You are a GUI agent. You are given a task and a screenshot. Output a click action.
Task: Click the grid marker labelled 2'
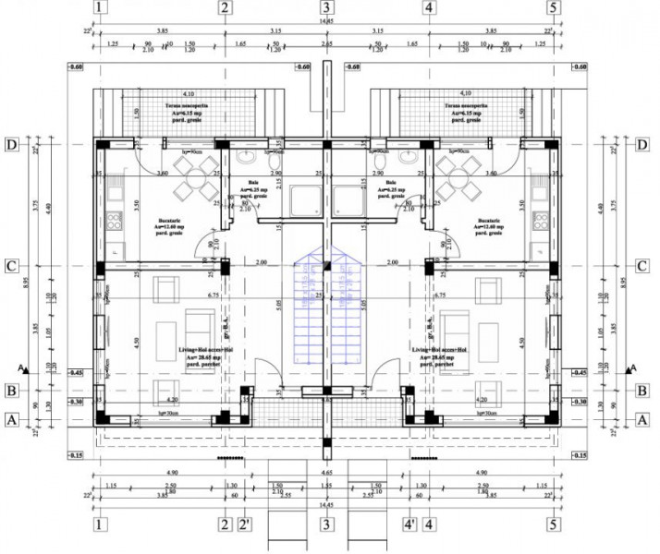click(x=246, y=524)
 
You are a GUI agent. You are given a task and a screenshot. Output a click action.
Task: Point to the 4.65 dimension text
click(x=326, y=472)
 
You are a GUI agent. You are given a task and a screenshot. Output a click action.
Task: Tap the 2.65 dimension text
click(x=326, y=43)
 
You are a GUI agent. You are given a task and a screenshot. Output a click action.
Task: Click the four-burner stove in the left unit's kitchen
click(x=115, y=221)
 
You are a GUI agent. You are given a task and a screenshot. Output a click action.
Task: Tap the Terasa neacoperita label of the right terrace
click(x=462, y=106)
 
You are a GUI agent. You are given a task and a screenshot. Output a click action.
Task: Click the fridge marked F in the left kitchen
click(x=114, y=250)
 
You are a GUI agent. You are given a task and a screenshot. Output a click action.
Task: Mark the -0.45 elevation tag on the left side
click(x=75, y=372)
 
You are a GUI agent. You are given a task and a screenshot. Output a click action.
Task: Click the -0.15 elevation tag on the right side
click(x=579, y=456)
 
